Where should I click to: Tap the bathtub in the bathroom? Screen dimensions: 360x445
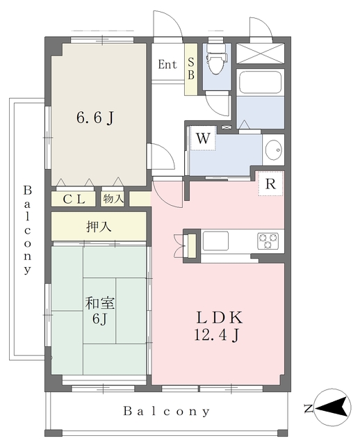click(x=261, y=82)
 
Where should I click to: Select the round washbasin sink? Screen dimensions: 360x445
click(x=274, y=149)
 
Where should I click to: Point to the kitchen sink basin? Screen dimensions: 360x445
click(x=215, y=241)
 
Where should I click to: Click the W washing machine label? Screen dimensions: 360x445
click(x=203, y=138)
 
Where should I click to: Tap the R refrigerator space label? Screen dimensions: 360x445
click(x=270, y=184)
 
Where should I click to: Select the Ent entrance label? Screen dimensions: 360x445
click(x=167, y=65)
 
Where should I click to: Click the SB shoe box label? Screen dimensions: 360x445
click(x=191, y=68)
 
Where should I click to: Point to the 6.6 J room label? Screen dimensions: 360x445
click(x=95, y=118)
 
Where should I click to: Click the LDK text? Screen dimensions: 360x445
click(x=220, y=318)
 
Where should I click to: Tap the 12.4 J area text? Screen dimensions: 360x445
click(x=217, y=335)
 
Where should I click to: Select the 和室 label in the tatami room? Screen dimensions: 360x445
click(x=100, y=303)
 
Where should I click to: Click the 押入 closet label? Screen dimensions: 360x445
click(x=99, y=227)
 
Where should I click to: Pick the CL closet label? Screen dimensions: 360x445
click(x=74, y=200)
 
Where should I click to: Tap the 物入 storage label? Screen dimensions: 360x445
click(x=113, y=199)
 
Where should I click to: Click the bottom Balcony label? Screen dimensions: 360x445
click(x=167, y=411)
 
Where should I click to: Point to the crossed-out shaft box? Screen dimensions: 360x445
click(x=260, y=54)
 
